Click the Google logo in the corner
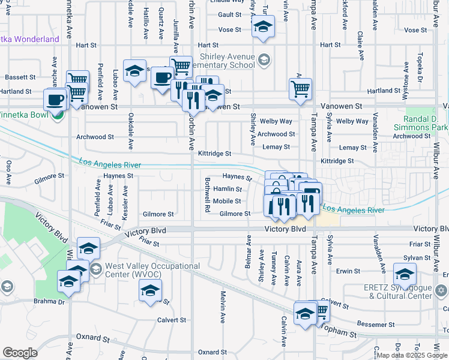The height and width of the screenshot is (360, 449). (x=20, y=353)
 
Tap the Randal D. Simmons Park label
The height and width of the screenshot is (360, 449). (x=421, y=123)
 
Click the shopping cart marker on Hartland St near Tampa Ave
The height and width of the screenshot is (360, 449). (x=300, y=89)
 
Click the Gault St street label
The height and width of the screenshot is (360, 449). (x=229, y=14)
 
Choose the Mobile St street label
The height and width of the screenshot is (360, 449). (x=227, y=202)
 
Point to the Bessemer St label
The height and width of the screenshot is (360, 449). (x=375, y=325)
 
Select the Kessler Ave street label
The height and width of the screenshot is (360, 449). (x=125, y=202)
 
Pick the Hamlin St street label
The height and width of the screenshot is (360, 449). (x=228, y=189)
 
